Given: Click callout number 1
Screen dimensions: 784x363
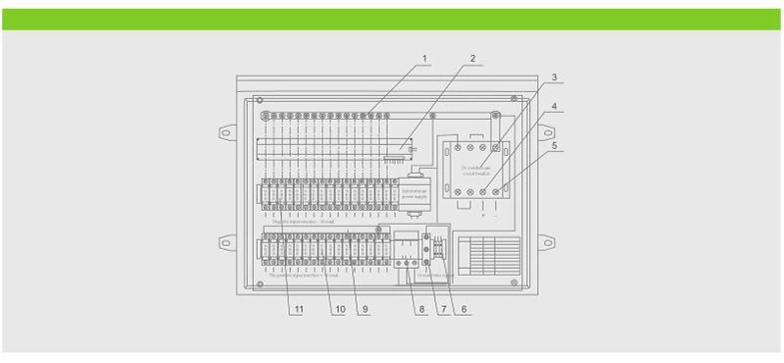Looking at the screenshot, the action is (x=426, y=59).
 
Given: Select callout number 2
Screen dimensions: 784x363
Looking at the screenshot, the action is (x=472, y=59).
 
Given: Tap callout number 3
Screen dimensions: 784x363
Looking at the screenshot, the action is (x=554, y=76).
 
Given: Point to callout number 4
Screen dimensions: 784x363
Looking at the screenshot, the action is (x=554, y=106).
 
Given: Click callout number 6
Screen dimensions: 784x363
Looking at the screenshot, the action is (x=464, y=310).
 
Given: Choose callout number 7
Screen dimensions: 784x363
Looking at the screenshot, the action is (x=442, y=310).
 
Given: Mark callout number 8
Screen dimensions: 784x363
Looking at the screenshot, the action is (x=421, y=310).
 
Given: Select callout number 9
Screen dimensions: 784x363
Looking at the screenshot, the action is (x=365, y=310).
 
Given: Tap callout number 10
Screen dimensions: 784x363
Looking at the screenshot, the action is (x=340, y=310).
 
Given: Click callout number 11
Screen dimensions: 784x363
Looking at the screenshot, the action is (x=297, y=310).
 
